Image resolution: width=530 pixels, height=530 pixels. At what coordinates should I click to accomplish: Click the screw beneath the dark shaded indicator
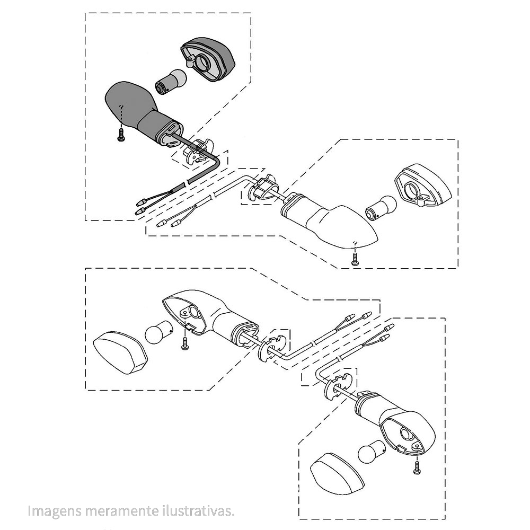(121, 135)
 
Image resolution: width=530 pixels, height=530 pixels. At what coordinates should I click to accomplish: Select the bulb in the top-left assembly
(171, 82)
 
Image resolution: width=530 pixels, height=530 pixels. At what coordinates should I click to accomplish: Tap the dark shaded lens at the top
(208, 59)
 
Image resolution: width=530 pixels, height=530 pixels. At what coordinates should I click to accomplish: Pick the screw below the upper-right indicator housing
(355, 259)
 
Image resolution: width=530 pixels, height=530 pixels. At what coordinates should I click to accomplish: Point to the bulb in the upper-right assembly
(381, 207)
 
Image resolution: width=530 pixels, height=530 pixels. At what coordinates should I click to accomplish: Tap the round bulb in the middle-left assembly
(159, 332)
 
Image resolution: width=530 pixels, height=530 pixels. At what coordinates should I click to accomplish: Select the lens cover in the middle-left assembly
(120, 354)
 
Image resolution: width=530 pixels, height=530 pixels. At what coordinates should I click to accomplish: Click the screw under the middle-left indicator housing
(184, 344)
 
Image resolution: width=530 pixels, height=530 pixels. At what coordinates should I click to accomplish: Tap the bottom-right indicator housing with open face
(395, 422)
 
